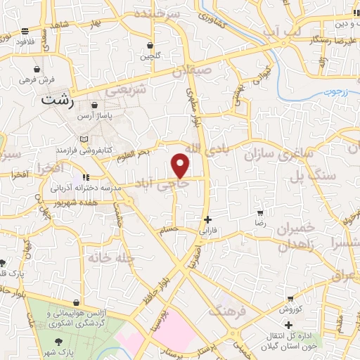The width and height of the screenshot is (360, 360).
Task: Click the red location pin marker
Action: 181,165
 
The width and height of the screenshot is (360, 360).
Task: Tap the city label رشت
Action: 58,100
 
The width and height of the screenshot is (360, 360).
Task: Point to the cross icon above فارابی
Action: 207,219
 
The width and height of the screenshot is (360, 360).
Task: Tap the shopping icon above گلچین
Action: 149,45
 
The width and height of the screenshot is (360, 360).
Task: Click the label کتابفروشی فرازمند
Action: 84,150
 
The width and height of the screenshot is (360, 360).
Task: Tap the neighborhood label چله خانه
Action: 110,258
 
